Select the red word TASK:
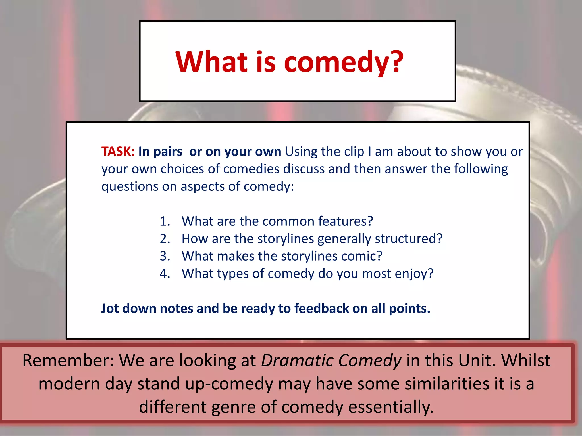118,152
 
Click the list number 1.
165,221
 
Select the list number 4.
165,274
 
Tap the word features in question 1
345,221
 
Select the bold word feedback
321,309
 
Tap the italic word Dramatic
297,360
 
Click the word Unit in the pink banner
476,360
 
